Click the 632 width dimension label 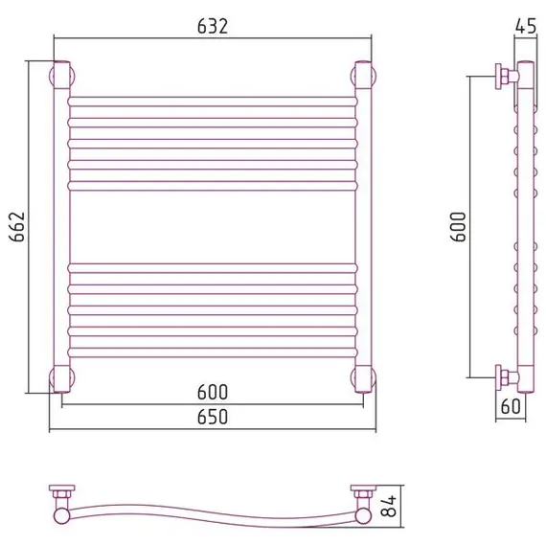pos(213,27)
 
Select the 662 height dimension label pos(17,227)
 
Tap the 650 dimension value pos(213,417)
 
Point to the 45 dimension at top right pos(526,26)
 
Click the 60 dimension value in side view pos(511,406)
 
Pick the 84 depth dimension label pos(388,506)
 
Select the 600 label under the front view pos(213,392)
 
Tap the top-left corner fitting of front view pos(62,76)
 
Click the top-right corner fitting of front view pos(363,76)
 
